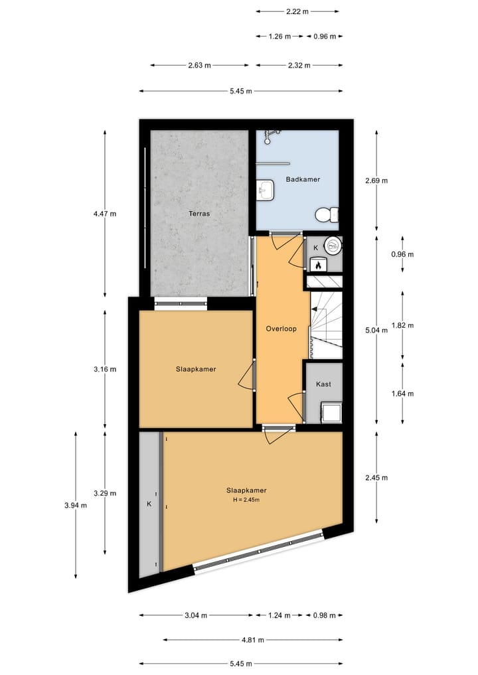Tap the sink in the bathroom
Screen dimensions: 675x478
tap(266, 190)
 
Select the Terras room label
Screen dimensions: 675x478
tap(199, 214)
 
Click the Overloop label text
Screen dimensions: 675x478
tap(280, 329)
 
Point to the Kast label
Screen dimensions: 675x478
tap(323, 384)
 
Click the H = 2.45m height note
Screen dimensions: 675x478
tap(246, 500)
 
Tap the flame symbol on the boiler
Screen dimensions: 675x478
tap(318, 265)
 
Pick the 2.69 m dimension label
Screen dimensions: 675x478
tap(376, 180)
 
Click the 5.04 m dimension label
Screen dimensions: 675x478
tap(376, 330)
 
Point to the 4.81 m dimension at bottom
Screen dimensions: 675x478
tap(252, 640)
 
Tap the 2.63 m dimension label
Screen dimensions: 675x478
tap(199, 65)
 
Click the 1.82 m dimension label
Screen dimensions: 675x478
tap(402, 325)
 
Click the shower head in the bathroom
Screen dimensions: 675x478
tap(268, 135)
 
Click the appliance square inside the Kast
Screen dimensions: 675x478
tap(331, 412)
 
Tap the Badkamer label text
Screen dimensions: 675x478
tap(303, 179)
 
